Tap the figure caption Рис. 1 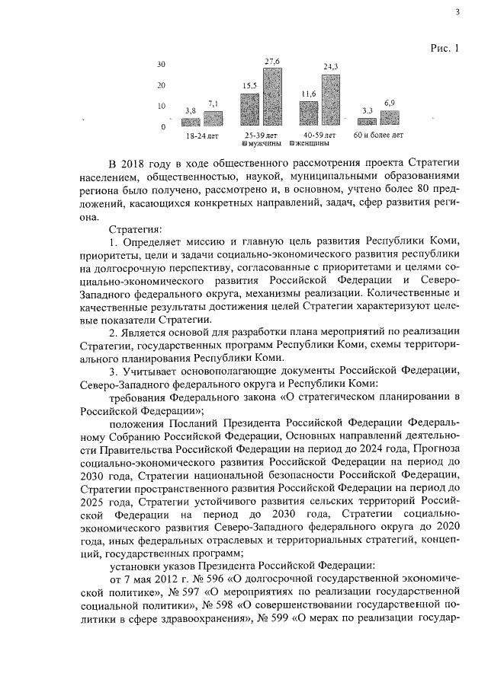tap(445, 49)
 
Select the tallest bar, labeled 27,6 tap(273, 97)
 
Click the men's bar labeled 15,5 tap(250, 109)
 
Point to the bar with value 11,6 tap(309, 113)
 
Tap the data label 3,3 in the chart tap(367, 111)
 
